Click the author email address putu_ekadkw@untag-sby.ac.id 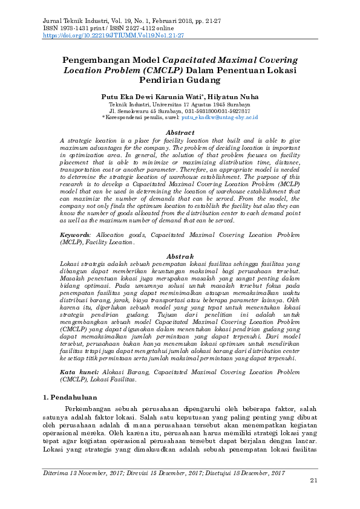tap(224, 120)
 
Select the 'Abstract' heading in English tap(180, 132)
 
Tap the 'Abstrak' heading tap(180, 256)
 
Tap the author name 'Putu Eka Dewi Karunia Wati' tap(153, 97)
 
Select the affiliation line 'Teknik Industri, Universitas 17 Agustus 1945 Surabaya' tap(180, 105)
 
